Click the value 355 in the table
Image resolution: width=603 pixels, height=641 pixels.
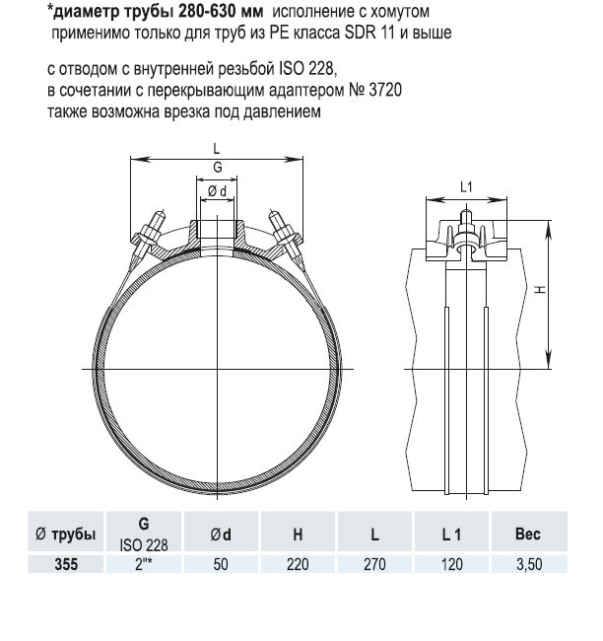point(66,564)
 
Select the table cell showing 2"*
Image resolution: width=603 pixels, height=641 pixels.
point(144,564)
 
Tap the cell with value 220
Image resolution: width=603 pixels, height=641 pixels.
point(298,564)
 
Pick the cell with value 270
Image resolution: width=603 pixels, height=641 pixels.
point(374,564)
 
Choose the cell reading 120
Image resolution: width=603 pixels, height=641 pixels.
point(451,564)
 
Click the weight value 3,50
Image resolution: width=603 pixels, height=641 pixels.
point(529,564)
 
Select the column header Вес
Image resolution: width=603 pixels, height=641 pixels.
point(528,534)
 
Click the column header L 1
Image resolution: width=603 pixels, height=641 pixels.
point(451,534)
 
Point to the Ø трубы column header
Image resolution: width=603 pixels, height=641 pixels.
point(66,534)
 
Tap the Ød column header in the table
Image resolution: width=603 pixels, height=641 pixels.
point(221,534)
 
